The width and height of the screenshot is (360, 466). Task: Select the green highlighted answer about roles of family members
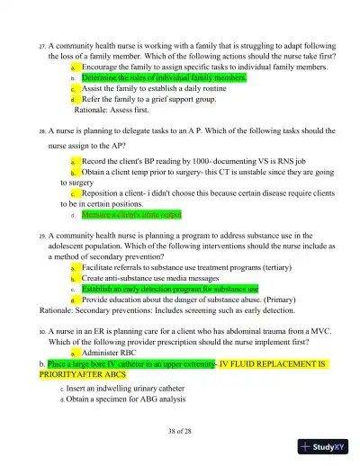pos(163,78)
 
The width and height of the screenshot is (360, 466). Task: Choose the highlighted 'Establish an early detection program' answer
pos(169,290)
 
